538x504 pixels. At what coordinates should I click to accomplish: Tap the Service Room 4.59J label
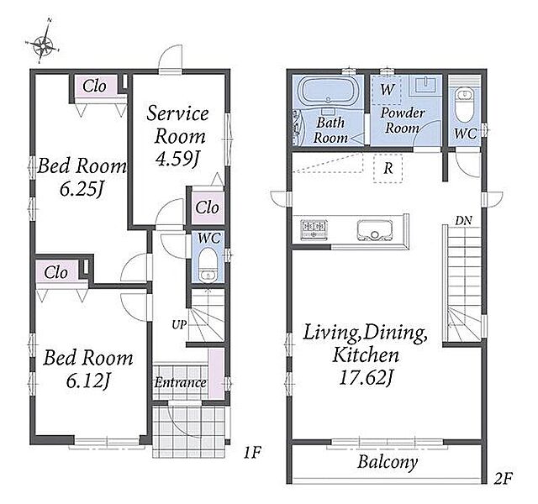point(177,136)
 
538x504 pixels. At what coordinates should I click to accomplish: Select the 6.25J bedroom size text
point(82,189)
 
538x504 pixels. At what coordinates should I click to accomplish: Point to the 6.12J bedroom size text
point(87,381)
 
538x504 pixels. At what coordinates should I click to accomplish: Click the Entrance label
point(181,382)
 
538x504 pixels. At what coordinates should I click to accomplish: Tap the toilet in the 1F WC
point(208,265)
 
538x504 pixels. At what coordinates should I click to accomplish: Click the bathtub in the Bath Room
point(328,91)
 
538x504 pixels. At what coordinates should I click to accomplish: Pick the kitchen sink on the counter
point(374,230)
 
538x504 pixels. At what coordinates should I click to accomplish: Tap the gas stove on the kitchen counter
point(314,229)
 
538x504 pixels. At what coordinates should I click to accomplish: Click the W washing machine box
point(387,90)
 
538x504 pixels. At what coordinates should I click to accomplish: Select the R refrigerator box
point(388,168)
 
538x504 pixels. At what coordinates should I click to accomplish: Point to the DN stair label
point(463,221)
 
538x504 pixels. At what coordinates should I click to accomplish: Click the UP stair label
point(179,325)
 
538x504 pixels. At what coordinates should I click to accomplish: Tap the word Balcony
point(388,462)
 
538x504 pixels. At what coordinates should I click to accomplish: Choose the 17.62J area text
point(366,378)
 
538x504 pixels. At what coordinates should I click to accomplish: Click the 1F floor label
point(252,454)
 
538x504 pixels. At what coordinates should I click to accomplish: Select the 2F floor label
point(503,478)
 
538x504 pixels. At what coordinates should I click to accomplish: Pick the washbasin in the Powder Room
point(425,85)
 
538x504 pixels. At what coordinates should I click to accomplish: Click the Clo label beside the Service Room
point(208,207)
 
